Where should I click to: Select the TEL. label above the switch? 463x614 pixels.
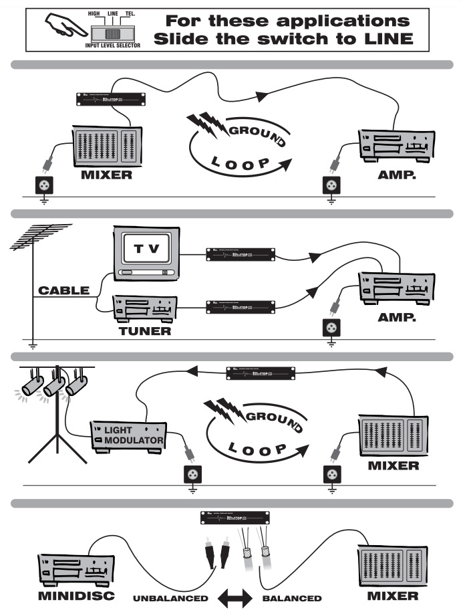coord(129,13)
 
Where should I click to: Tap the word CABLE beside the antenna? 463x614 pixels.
coord(63,292)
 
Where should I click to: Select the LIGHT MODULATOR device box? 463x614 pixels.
coord(128,435)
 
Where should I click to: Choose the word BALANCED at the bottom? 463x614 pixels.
coord(292,597)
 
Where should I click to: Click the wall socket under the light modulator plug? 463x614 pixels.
coord(192,474)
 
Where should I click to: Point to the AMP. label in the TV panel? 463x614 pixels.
coord(397,317)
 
